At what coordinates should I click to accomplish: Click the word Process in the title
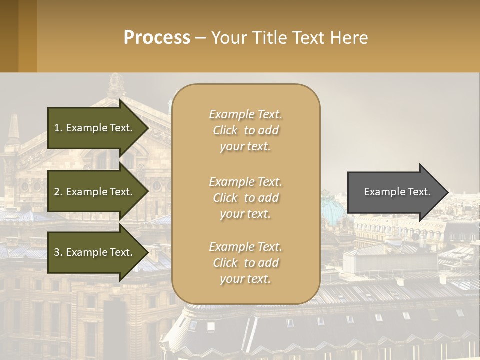(157, 38)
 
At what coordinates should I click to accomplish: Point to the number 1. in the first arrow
(58, 128)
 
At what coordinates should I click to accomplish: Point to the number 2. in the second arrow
(58, 192)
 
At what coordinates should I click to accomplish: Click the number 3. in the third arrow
(58, 252)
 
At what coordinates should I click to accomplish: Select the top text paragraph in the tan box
(245, 130)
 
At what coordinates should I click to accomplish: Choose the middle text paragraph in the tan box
(245, 198)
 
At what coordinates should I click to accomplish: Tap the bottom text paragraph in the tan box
(245, 263)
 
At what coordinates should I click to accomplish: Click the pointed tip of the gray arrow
(448, 192)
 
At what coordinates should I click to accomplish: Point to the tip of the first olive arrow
(148, 128)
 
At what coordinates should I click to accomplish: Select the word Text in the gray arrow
(420, 192)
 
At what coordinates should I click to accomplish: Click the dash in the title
(200, 38)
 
